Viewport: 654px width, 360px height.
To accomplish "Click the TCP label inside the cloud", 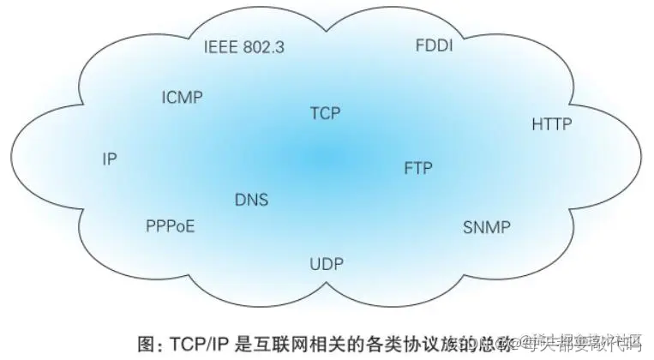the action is click(326, 112).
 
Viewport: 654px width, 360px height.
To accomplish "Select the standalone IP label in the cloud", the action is click(109, 159).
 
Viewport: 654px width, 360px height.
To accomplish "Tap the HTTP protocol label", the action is click(551, 124).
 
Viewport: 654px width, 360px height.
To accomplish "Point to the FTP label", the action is click(418, 167).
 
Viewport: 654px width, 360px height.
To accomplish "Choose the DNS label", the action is click(251, 200).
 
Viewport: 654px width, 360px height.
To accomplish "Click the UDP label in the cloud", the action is click(326, 263).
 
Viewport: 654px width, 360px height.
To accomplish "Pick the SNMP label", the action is click(486, 227).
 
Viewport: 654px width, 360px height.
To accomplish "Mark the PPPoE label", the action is click(171, 226).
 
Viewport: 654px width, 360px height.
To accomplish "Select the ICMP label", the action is click(182, 96).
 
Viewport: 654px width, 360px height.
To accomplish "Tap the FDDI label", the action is click(434, 45).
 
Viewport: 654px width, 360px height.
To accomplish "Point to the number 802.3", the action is click(263, 46).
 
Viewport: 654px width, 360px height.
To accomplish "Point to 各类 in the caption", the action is click(373, 343).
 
